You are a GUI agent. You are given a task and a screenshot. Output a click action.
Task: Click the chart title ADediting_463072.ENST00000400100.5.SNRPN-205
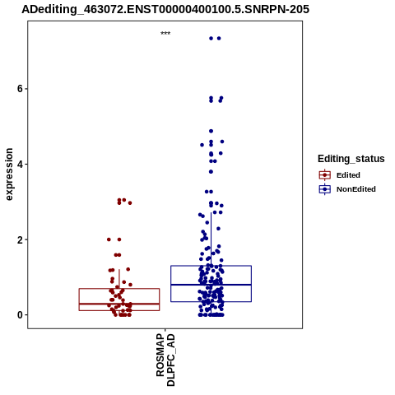(165, 9)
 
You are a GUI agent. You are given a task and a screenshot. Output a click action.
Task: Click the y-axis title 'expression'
(9, 174)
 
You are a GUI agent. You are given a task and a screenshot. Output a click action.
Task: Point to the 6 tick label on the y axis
(20, 89)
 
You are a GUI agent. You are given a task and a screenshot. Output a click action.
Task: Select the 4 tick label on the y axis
(20, 164)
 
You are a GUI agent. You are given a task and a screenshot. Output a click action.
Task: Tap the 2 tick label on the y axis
(20, 239)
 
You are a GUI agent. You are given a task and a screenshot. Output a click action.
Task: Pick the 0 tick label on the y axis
(20, 315)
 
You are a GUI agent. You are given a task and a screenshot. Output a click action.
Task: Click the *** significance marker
(165, 34)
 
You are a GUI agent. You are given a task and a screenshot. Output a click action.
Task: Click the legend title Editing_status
(351, 159)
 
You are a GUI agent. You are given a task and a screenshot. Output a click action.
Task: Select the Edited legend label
(348, 175)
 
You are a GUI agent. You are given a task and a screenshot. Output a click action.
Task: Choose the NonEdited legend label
(356, 189)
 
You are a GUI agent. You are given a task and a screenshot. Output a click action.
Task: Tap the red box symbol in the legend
(325, 175)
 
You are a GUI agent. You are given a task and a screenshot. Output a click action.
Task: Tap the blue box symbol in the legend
(325, 189)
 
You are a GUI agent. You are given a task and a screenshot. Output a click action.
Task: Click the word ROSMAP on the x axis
(160, 355)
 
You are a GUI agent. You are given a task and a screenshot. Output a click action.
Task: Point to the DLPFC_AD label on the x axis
(170, 360)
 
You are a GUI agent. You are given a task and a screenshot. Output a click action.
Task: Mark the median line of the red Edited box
(119, 304)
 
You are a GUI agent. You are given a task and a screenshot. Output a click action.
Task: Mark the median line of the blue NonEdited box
(211, 285)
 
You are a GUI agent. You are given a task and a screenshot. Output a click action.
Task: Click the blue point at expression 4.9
(211, 131)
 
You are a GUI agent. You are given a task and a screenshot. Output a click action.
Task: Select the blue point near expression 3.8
(211, 172)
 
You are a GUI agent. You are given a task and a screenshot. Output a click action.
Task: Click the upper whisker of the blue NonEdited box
(211, 239)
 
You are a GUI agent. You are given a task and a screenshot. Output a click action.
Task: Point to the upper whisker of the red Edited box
(119, 279)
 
